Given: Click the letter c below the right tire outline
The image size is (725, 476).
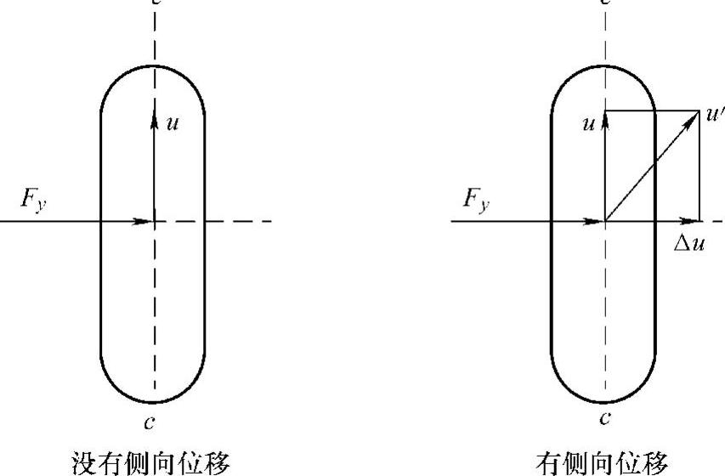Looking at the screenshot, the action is pos(604,418).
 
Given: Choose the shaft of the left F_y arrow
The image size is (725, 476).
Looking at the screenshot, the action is pos(68,221).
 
